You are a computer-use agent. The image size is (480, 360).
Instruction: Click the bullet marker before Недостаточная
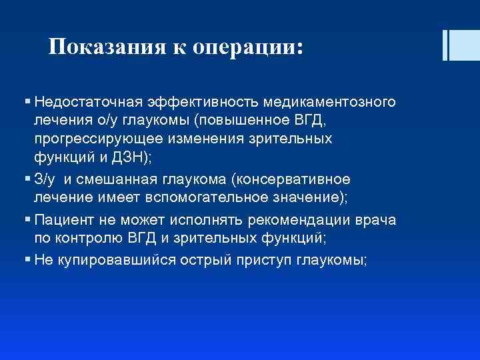[x=27, y=103]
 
